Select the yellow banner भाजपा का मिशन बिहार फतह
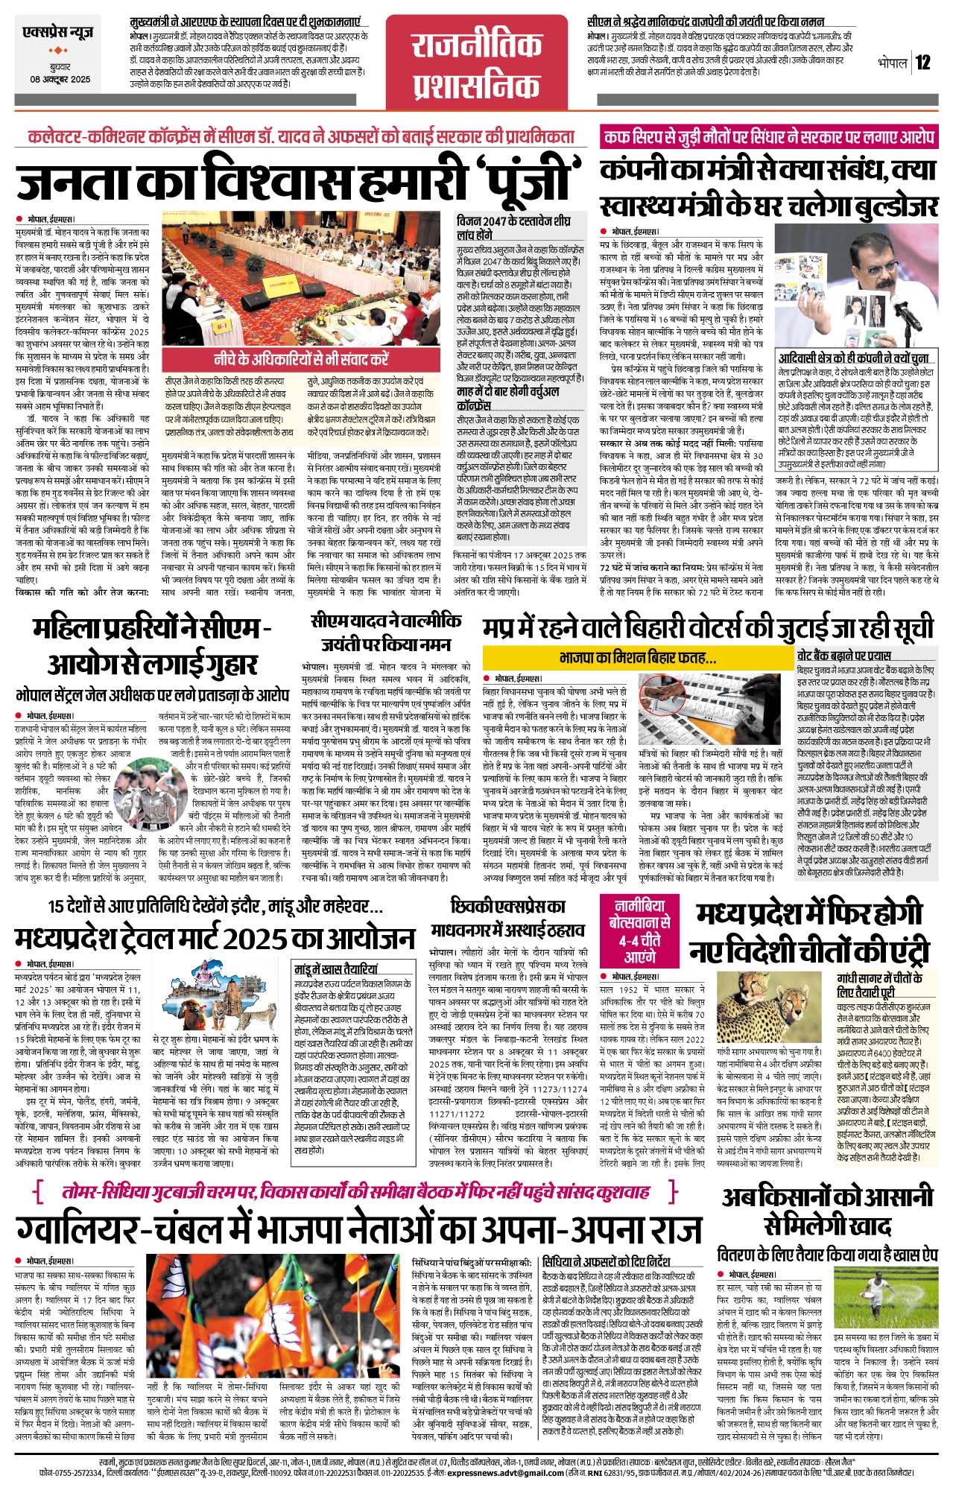point(637,658)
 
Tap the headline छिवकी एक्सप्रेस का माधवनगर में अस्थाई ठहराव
point(507,918)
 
